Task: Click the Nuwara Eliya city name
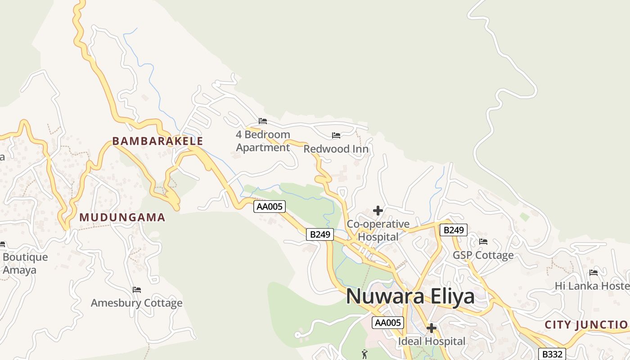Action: tap(410, 297)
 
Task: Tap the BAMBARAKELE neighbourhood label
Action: tap(157, 141)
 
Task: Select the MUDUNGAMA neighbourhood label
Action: tap(122, 217)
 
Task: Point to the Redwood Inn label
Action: tap(336, 149)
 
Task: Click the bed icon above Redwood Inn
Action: tap(336, 135)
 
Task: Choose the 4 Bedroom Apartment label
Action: tap(263, 141)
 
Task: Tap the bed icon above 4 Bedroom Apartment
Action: tap(263, 121)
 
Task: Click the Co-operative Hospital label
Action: tap(378, 230)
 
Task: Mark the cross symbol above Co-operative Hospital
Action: tap(378, 211)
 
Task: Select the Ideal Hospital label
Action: tap(431, 342)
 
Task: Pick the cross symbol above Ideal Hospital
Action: tap(431, 328)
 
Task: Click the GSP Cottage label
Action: tap(483, 255)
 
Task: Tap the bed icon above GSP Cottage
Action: tap(483, 242)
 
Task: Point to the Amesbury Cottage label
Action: tap(137, 303)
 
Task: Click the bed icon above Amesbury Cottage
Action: tap(137, 289)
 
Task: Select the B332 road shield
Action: tap(552, 354)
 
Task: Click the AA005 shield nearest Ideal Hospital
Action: tap(388, 322)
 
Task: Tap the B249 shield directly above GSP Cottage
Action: tap(453, 230)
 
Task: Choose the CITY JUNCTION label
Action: tap(587, 324)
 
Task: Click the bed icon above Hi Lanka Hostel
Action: tap(594, 273)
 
